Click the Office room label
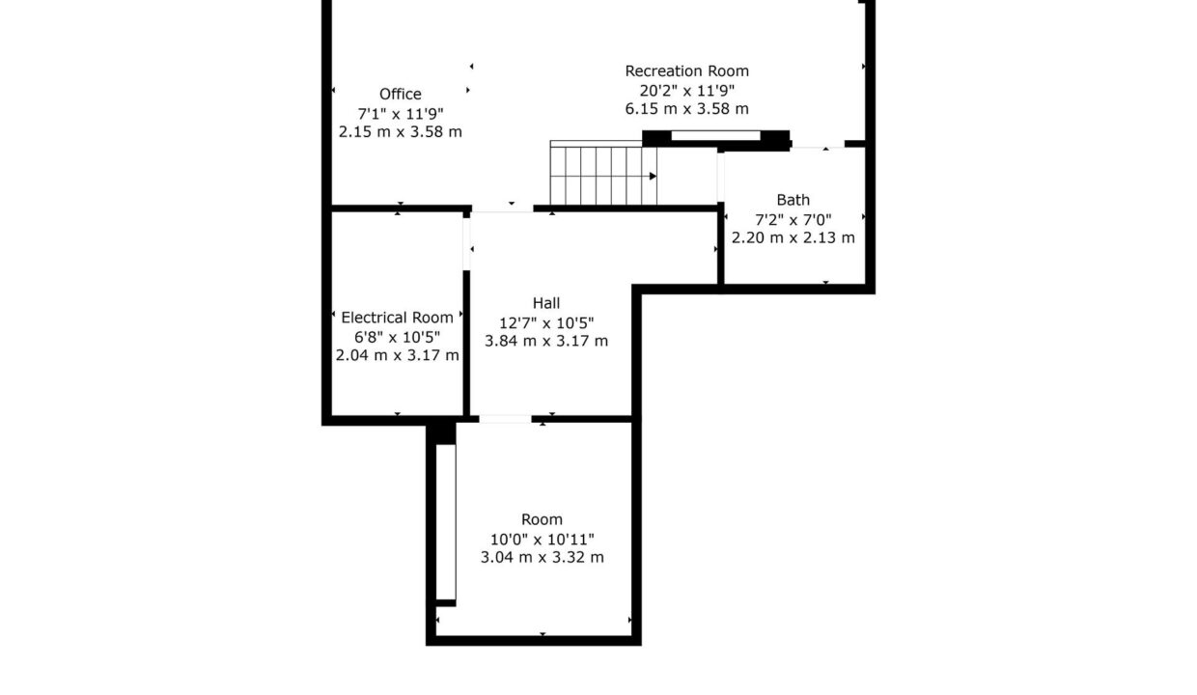(401, 94)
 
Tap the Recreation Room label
(686, 71)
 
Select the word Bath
(793, 200)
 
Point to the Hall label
(546, 303)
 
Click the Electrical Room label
(397, 318)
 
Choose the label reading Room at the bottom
(542, 519)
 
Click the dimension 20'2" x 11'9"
(686, 91)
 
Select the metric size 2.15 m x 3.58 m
(401, 132)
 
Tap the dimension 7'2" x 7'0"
(793, 219)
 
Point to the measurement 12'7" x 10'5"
(546, 323)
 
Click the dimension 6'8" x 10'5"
(397, 337)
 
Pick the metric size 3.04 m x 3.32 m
(542, 558)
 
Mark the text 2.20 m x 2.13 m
(793, 237)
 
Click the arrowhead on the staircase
(653, 177)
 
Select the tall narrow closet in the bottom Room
(446, 522)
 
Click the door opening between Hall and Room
(505, 419)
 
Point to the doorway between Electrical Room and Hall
(466, 244)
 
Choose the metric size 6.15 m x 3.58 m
(686, 109)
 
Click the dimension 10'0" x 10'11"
(542, 539)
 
